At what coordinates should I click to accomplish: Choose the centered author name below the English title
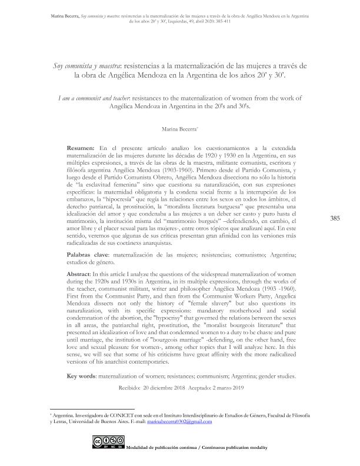click(179, 127)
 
